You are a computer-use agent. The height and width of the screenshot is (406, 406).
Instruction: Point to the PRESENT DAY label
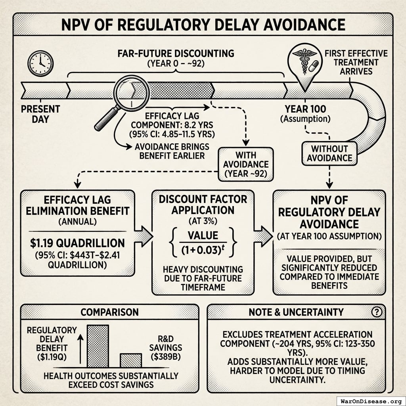click(40, 114)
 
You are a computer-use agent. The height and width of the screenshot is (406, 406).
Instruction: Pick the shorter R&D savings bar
click(131, 360)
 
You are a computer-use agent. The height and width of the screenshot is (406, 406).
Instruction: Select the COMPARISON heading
click(109, 312)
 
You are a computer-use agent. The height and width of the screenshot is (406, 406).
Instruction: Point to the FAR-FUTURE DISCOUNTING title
click(176, 53)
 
